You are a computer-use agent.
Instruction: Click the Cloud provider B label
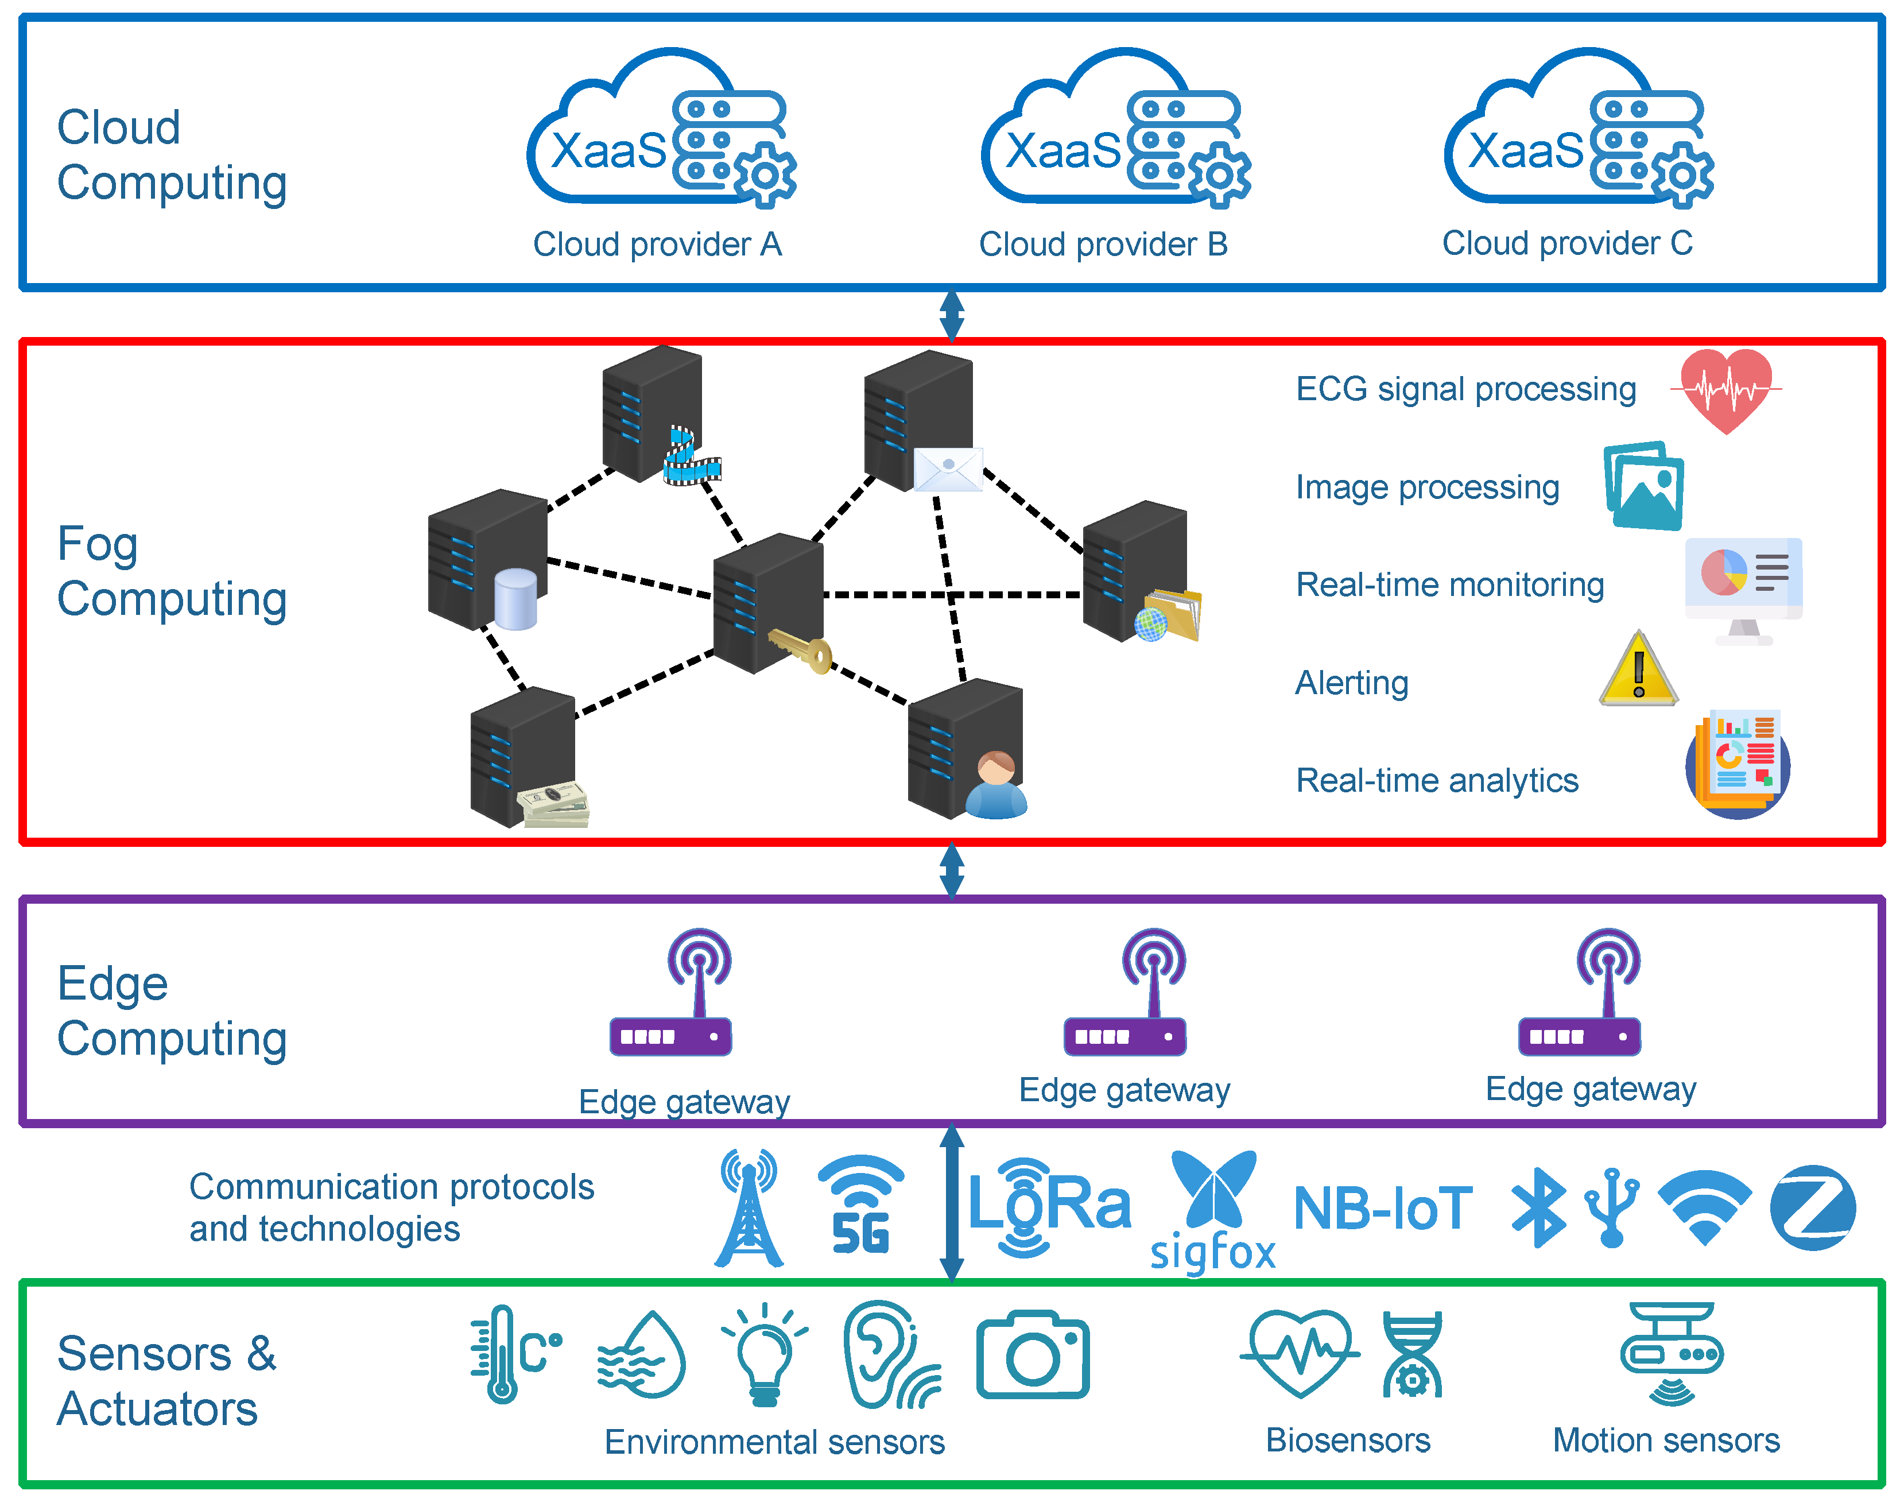1103,244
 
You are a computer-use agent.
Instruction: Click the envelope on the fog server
948,469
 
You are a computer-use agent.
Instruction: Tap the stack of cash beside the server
554,805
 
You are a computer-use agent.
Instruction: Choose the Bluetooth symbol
1538,1208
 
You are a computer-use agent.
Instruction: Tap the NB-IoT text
1382,1208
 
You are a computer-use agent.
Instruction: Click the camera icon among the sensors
1033,1354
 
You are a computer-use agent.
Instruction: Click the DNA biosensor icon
1411,1354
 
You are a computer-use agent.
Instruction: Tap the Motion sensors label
1666,1440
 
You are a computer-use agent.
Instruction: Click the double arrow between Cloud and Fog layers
951,315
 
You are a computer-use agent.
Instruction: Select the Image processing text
1426,487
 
